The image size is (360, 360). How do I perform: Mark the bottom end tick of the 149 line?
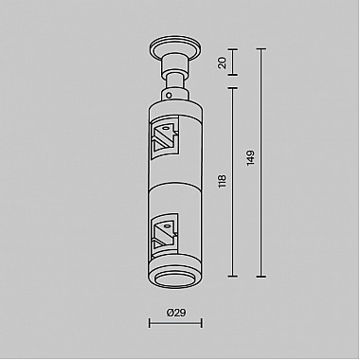click(261, 277)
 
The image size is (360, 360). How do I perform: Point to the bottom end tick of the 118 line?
click(233, 277)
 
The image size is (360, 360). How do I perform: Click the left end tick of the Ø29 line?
click(149, 325)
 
